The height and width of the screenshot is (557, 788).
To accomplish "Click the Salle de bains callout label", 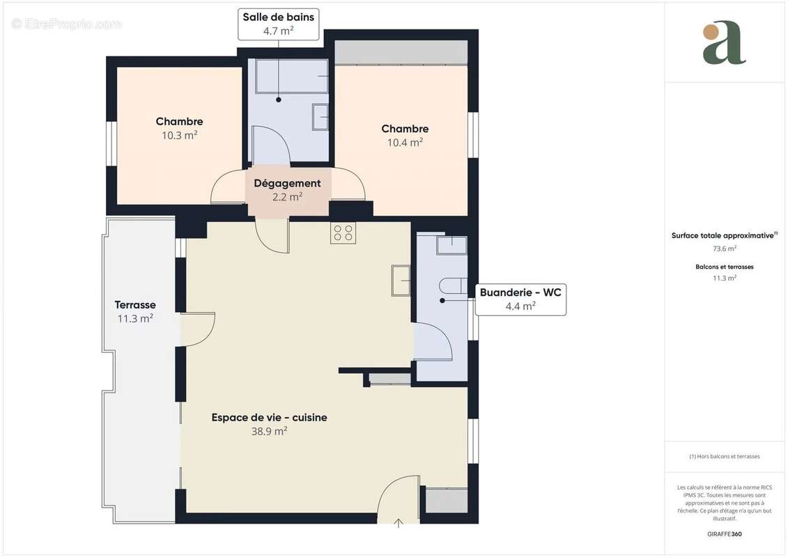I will [x=278, y=23].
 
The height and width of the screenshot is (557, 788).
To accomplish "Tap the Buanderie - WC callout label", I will [x=520, y=299].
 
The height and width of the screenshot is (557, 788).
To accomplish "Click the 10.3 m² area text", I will [x=179, y=135].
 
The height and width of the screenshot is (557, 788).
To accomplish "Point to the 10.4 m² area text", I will [x=405, y=142].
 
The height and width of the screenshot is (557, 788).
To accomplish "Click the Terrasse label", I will [x=135, y=305].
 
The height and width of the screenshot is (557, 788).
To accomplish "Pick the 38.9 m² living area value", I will [x=269, y=431].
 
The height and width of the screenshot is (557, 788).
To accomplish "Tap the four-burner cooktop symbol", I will [x=343, y=233].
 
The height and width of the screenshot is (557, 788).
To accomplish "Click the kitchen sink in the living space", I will [x=401, y=281].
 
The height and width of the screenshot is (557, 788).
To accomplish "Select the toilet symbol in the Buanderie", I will [x=454, y=285].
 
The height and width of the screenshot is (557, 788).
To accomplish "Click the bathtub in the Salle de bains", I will [x=291, y=77].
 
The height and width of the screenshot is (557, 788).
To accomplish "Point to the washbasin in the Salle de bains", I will [x=320, y=116].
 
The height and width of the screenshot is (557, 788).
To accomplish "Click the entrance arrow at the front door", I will [x=399, y=522].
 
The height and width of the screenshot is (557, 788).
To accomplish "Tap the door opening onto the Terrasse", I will [x=198, y=329].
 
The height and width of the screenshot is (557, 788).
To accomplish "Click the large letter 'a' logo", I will [x=724, y=43].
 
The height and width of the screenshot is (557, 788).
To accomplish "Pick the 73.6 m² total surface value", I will [x=724, y=248].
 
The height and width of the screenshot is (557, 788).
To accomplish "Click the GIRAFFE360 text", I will [x=724, y=534].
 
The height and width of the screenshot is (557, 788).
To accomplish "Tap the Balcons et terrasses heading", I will [x=724, y=267].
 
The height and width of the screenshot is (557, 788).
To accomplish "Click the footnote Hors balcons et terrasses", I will [x=724, y=457].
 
